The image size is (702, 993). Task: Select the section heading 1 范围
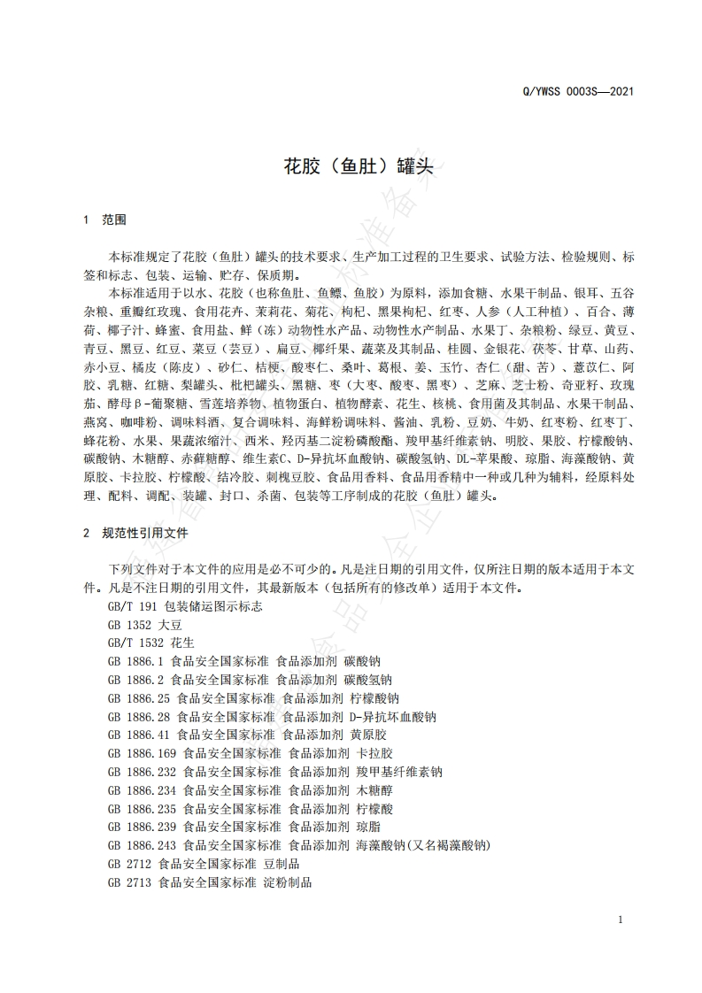pyautogui.click(x=104, y=218)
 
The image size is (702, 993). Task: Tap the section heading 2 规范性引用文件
pyautogui.click(x=135, y=534)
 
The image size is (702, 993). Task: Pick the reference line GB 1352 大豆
pyautogui.click(x=139, y=624)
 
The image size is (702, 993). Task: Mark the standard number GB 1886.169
pyautogui.click(x=142, y=753)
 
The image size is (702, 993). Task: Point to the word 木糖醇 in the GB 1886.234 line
pyautogui.click(x=374, y=790)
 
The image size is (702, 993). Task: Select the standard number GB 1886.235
pyautogui.click(x=142, y=809)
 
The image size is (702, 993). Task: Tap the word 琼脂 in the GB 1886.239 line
pyautogui.click(x=368, y=827)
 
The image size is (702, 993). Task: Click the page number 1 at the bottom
pyautogui.click(x=621, y=920)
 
